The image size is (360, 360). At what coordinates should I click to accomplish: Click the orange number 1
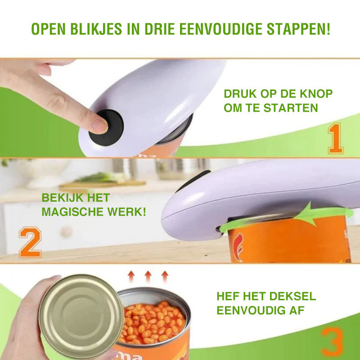coord(336,139)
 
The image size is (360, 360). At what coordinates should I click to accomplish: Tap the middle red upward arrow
coord(148,276)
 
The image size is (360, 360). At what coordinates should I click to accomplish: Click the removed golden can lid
coord(81,316)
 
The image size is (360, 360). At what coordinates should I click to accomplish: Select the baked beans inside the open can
coord(153,322)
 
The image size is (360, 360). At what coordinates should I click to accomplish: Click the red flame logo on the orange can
coord(238,247)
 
